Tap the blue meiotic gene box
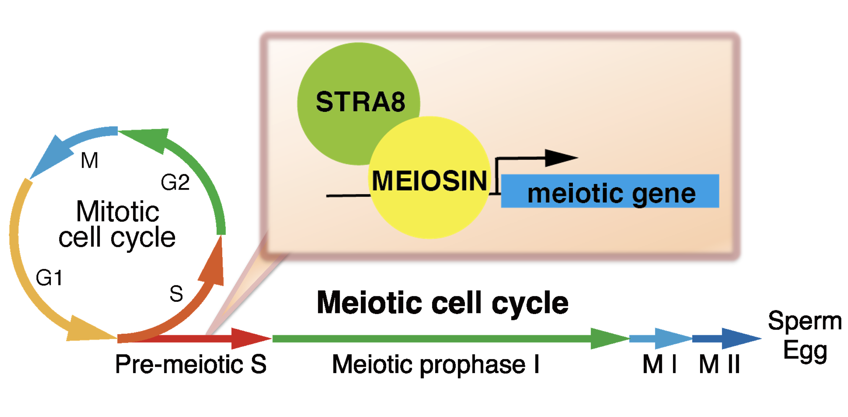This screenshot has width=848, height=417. click(609, 191)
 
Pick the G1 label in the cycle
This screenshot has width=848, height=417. click(49, 278)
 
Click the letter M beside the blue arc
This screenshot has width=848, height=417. click(90, 161)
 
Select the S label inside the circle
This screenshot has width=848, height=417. click(176, 294)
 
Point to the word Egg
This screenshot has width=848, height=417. click(805, 350)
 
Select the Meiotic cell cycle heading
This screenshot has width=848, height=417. click(442, 303)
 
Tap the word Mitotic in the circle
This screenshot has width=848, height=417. click(117, 212)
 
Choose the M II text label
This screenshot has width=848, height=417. click(719, 364)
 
